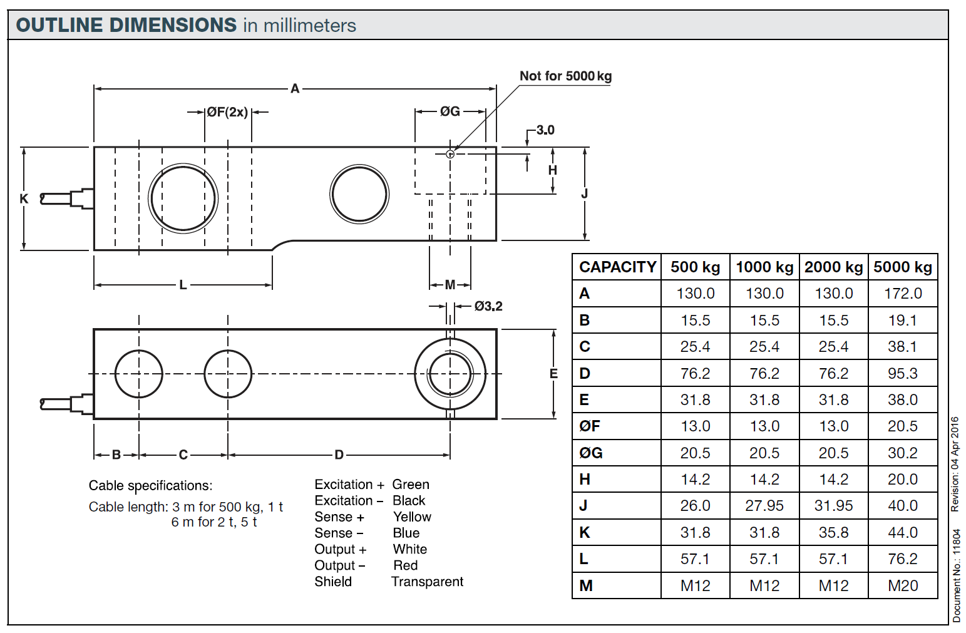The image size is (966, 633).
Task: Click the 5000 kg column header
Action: point(903,267)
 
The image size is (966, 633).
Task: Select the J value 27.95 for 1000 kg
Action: point(764,506)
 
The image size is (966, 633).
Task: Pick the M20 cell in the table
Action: point(903,586)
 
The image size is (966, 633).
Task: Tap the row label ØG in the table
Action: point(590,453)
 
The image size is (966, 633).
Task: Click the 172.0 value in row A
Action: point(903,294)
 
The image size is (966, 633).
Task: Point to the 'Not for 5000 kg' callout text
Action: point(565,76)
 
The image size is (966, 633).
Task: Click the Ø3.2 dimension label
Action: point(488,306)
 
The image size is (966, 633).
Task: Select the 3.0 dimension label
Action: point(545,130)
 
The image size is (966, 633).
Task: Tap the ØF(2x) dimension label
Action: point(227,112)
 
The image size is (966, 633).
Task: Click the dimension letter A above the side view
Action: point(295,89)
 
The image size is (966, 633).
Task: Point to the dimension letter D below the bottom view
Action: point(339,455)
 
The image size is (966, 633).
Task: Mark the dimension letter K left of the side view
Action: point(24,199)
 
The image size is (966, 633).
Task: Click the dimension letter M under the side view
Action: point(450,286)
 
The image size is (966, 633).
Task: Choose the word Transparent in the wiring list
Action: point(427,582)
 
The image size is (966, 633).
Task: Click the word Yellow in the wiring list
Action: point(412,517)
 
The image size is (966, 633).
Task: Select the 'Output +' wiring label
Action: point(340,550)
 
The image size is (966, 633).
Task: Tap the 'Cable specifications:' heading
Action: point(150,486)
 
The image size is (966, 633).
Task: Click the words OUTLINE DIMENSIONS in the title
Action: point(126,26)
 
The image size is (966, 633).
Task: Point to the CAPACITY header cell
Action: point(617,267)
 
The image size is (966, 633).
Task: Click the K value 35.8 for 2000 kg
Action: point(833,533)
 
